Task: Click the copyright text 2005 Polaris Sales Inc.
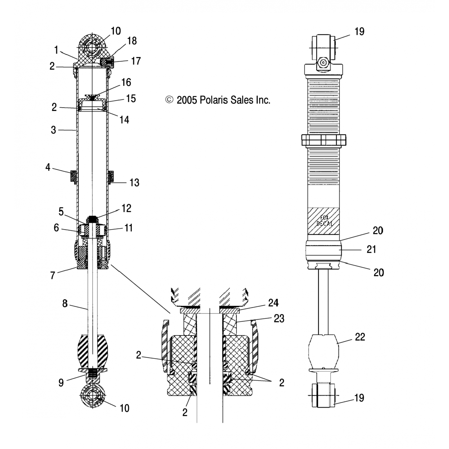(218, 100)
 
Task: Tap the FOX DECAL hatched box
(324, 221)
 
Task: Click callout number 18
(132, 41)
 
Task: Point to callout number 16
(126, 82)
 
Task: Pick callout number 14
(124, 120)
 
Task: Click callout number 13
(134, 183)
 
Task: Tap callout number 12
(126, 208)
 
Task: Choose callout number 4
(48, 167)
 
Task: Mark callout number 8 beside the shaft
(65, 304)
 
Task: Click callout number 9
(61, 383)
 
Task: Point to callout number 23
(279, 318)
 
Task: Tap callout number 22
(360, 337)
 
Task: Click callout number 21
(371, 249)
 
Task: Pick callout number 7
(53, 275)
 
